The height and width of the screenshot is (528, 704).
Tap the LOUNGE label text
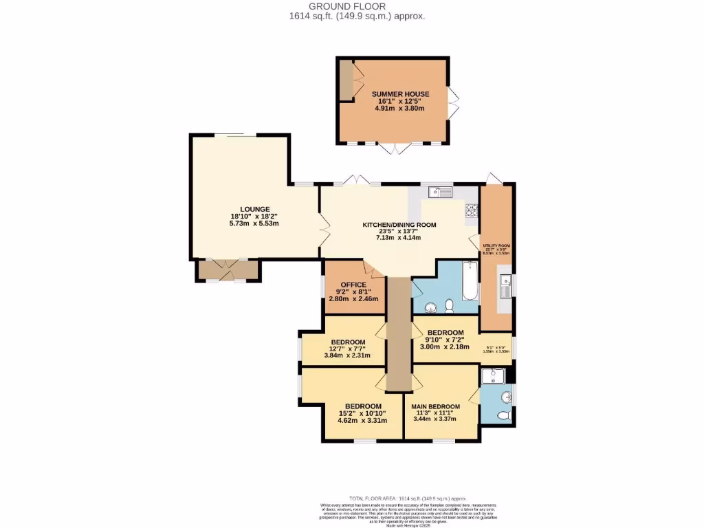[254, 210]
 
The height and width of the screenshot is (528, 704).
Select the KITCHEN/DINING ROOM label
[399, 225]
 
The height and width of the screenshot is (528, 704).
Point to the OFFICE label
[353, 285]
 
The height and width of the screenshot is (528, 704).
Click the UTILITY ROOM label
[496, 245]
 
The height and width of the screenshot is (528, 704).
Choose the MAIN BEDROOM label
[436, 406]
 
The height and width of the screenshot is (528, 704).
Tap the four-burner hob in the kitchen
[472, 210]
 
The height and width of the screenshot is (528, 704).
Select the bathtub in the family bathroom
[470, 282]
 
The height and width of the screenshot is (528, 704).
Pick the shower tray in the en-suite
[493, 375]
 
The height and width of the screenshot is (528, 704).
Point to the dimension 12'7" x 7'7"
[347, 349]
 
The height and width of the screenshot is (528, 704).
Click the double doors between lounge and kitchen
[322, 225]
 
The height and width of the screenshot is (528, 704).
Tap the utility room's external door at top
[494, 179]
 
